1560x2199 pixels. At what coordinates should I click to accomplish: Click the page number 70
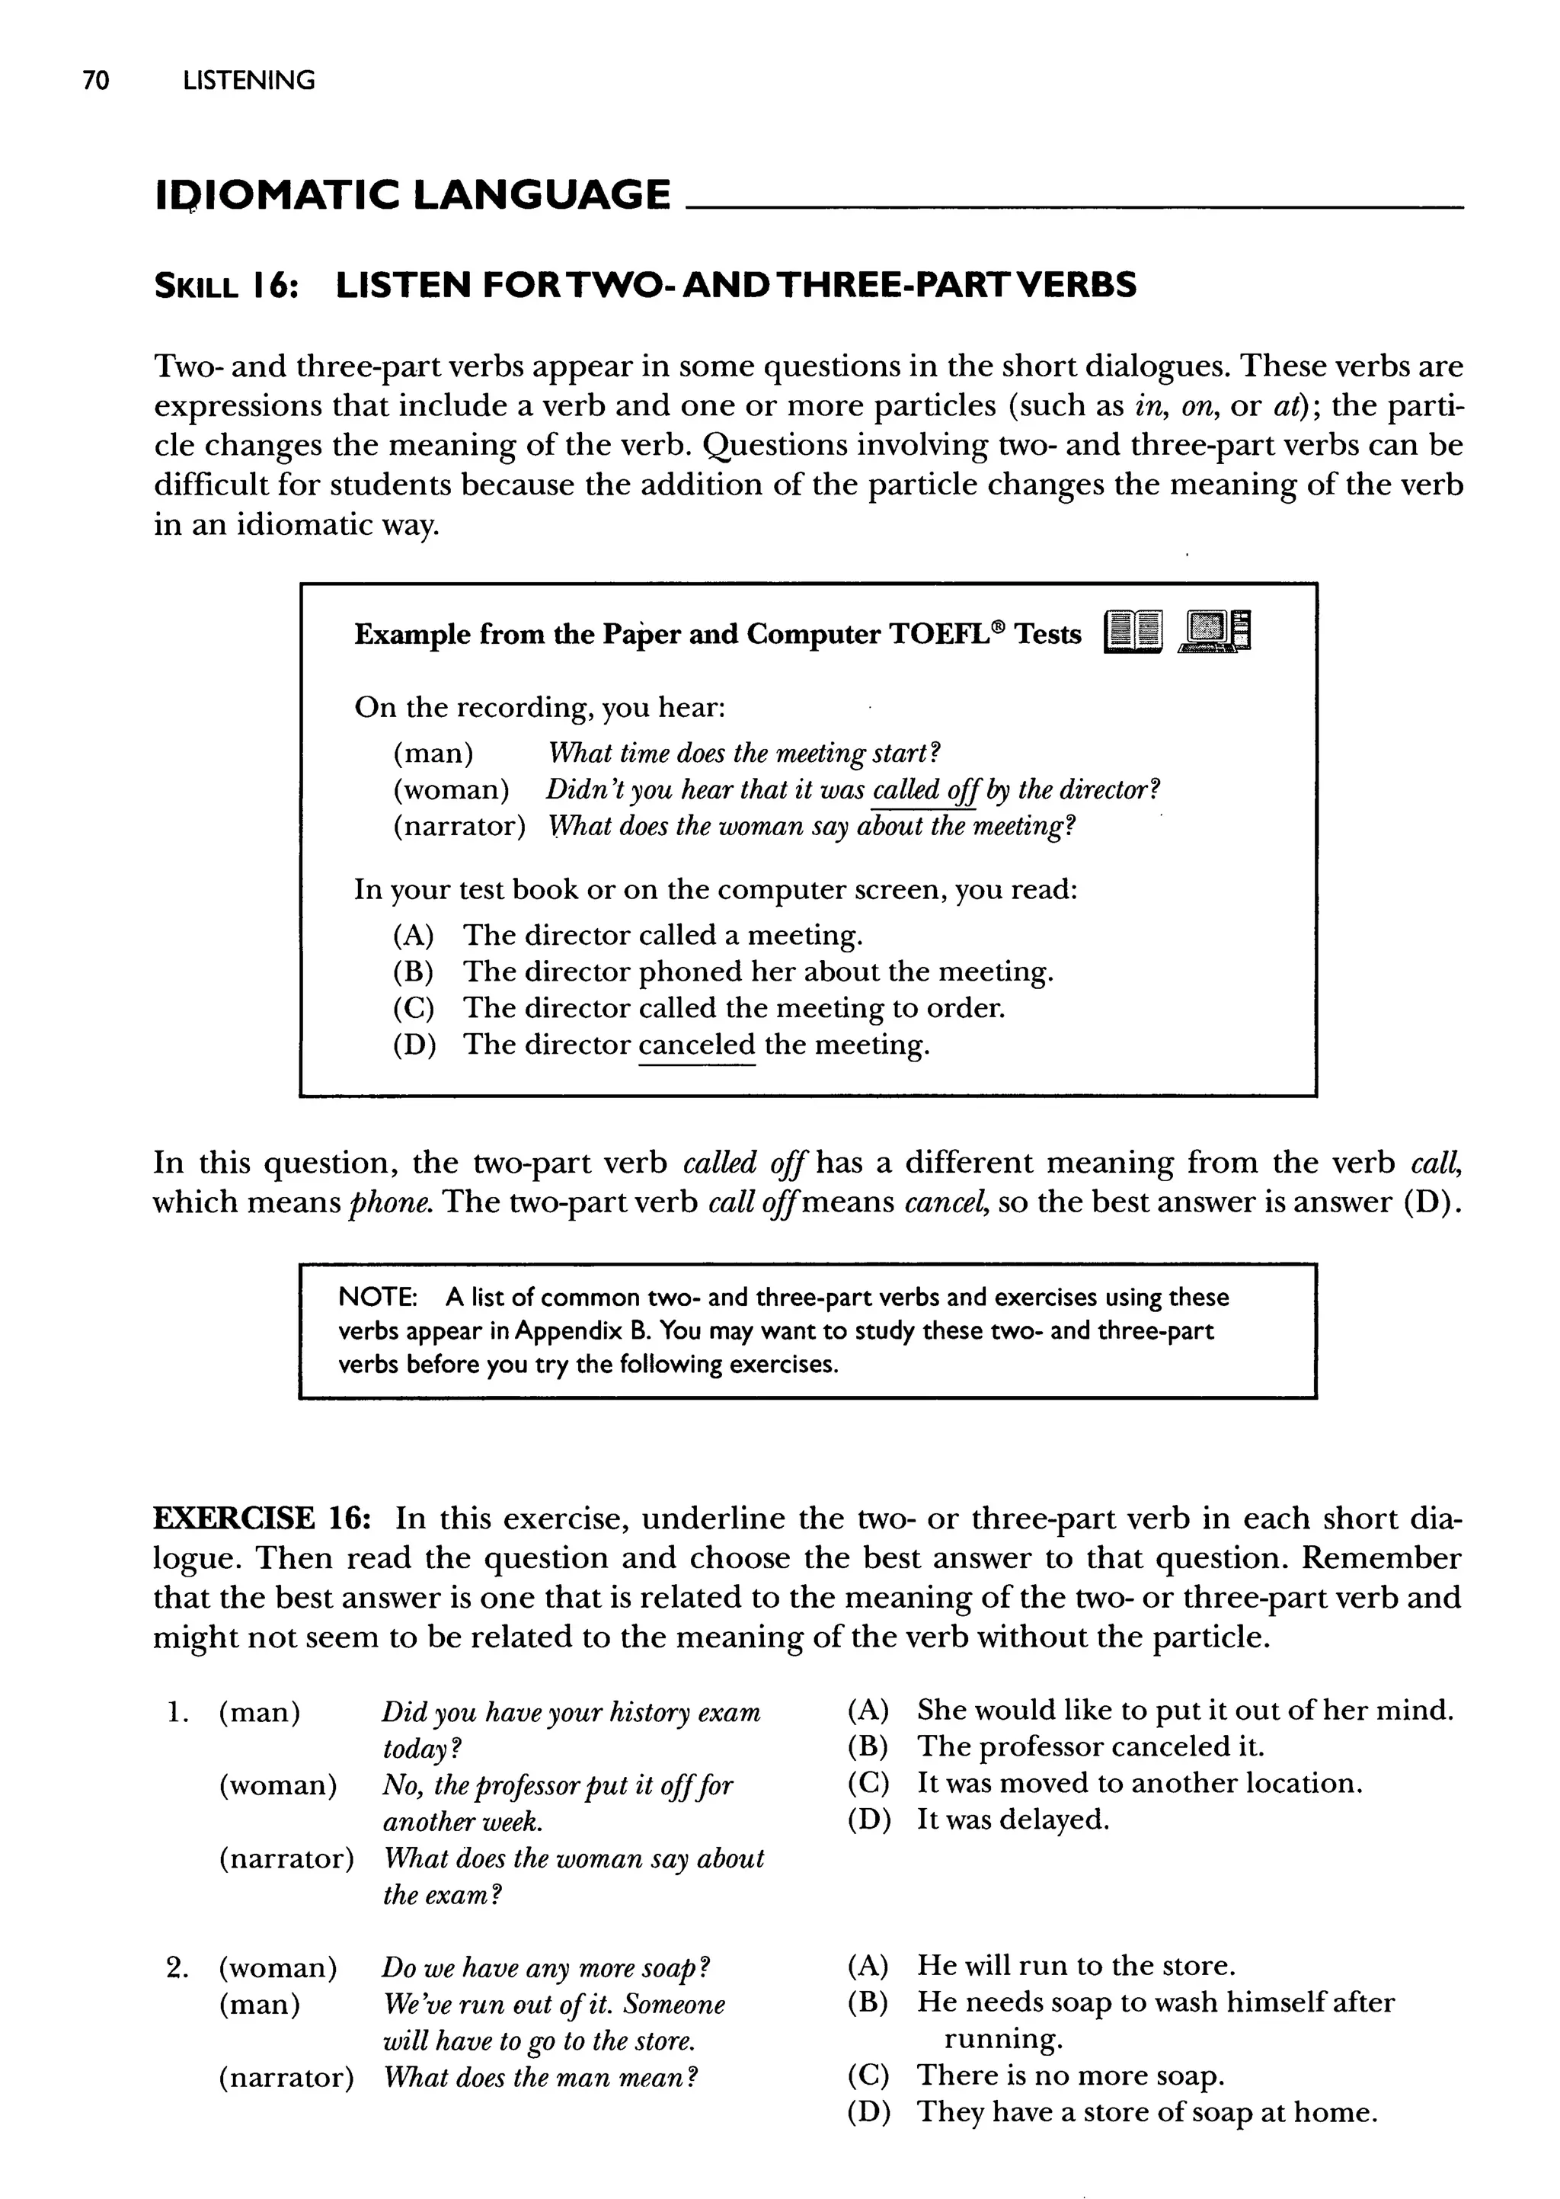[x=96, y=81]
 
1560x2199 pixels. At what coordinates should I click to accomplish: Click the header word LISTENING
[x=249, y=81]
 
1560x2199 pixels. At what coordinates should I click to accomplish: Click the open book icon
[x=1133, y=633]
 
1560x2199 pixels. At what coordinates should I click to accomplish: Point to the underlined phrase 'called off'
[x=923, y=789]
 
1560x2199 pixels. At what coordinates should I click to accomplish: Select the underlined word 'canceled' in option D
[x=696, y=1045]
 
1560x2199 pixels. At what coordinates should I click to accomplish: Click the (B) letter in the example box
[x=413, y=971]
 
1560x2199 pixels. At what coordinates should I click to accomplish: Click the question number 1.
[x=176, y=1713]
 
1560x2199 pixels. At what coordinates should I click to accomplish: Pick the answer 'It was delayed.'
[x=1012, y=1820]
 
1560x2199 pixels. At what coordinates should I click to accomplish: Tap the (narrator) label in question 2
[x=286, y=2078]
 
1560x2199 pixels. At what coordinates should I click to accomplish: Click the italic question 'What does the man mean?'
[x=540, y=2078]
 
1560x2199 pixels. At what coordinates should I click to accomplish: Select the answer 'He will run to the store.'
[x=1076, y=1966]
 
